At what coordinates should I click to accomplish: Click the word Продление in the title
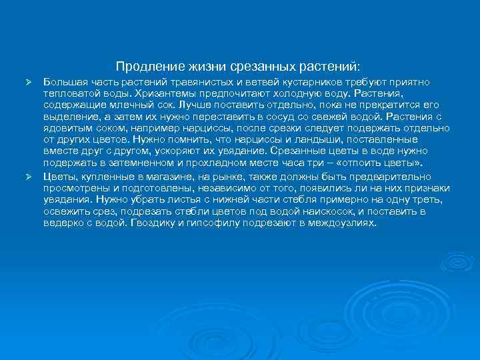coord(141,67)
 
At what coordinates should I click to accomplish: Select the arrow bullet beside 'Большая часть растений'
coord(29,81)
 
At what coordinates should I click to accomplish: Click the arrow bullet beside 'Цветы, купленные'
coord(29,176)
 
